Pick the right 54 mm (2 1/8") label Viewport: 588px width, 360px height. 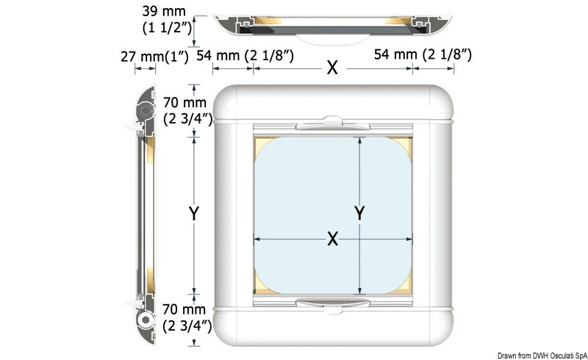(x=423, y=54)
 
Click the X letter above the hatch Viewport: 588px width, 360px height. (x=332, y=68)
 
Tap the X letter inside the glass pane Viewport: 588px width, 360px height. (x=332, y=238)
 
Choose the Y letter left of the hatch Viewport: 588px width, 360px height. (x=194, y=214)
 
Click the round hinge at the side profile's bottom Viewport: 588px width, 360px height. (x=146, y=322)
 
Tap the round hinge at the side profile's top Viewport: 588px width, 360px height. (x=146, y=109)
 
